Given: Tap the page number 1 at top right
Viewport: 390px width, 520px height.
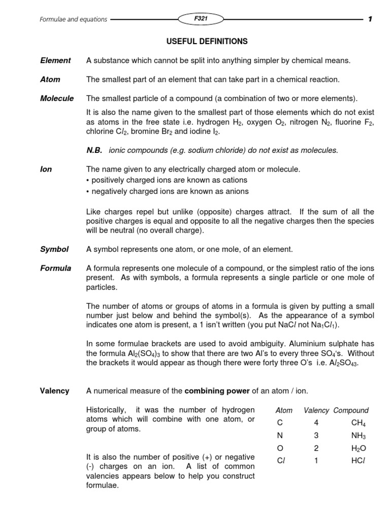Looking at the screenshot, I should [x=370, y=19].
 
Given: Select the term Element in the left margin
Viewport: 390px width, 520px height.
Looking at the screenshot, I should [x=55, y=60].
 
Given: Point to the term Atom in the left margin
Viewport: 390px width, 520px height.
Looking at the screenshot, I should [x=50, y=79].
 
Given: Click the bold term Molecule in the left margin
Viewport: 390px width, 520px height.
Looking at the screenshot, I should [x=57, y=99].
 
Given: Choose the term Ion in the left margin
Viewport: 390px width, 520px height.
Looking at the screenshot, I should [x=46, y=169].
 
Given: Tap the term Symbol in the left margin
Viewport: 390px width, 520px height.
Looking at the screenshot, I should [x=54, y=249].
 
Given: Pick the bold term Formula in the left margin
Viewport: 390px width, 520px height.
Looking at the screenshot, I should [x=55, y=268].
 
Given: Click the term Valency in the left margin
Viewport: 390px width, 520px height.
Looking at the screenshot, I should [x=54, y=391].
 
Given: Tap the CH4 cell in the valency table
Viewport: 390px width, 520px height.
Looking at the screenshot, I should [x=358, y=423].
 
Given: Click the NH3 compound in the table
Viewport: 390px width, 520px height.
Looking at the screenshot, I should [x=358, y=436].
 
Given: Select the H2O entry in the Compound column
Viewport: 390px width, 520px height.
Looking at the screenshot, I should [x=358, y=448].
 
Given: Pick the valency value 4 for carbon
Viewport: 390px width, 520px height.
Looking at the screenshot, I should [x=316, y=422].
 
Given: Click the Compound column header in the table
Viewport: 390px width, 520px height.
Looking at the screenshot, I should [x=351, y=410].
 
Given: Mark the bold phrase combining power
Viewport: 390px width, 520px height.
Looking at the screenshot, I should [x=210, y=391].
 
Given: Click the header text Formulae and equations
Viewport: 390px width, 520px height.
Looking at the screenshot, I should [x=74, y=19].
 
